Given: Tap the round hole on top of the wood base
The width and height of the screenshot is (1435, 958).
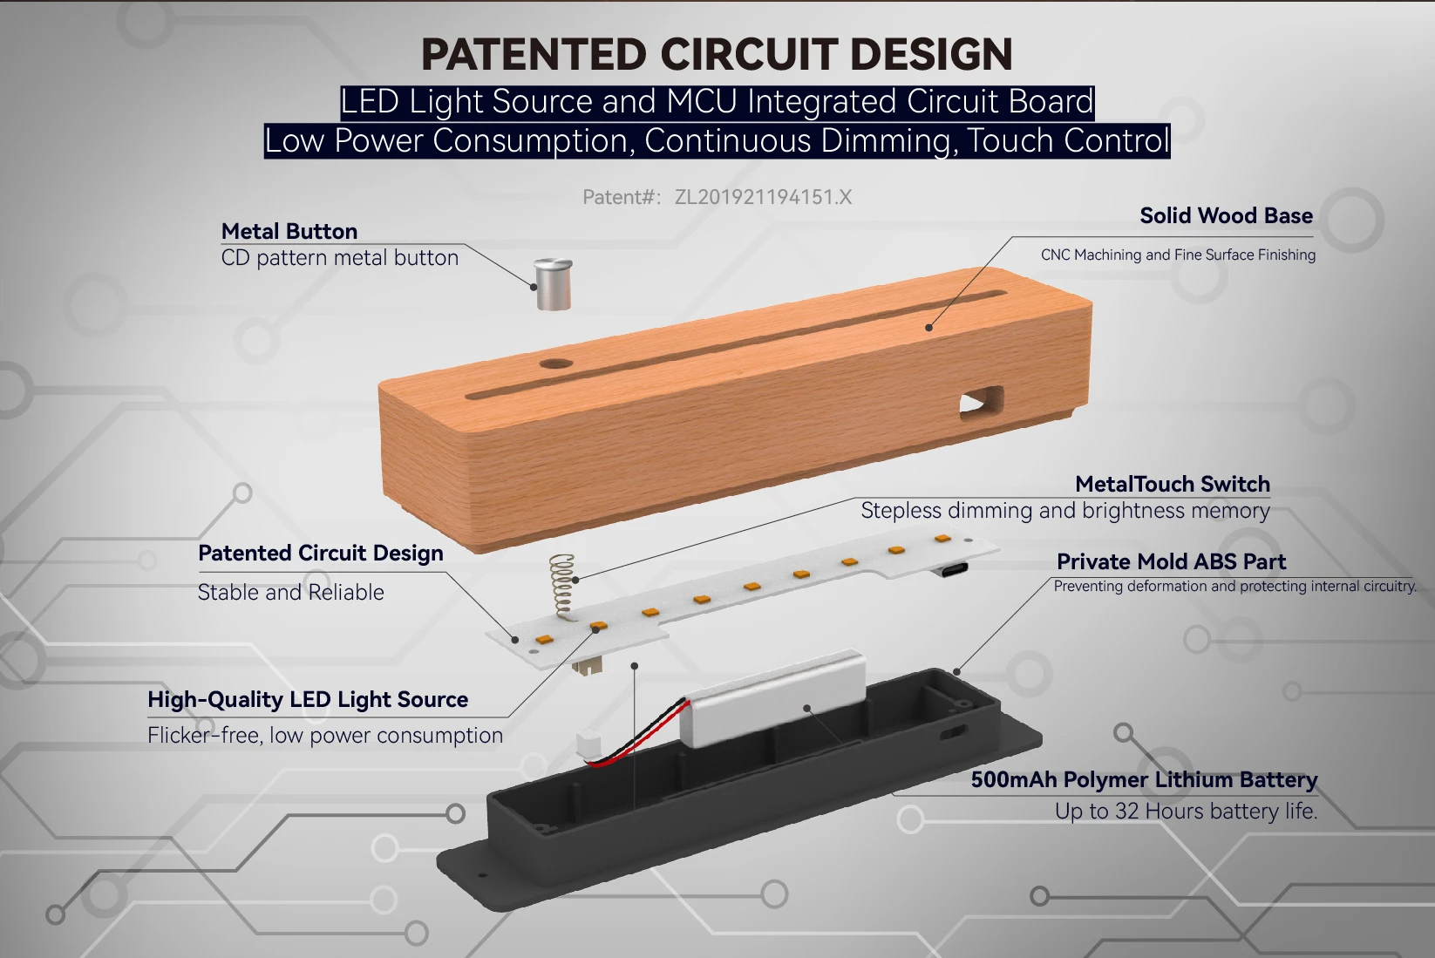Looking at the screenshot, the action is coord(555,363).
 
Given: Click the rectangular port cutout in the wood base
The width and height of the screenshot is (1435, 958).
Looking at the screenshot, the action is coord(981,404).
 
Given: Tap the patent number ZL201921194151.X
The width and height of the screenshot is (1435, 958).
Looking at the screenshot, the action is coord(763,197).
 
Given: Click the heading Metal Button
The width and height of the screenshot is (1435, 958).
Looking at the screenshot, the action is coord(289,231).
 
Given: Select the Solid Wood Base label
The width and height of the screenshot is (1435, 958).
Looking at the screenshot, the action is coord(1226,215).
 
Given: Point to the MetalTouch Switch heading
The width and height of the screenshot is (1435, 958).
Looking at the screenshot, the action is coord(1172,484).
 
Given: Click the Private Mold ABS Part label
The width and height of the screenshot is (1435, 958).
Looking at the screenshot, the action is coord(1171,561).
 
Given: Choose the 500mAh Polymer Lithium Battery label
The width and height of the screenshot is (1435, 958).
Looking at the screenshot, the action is coord(1144,779).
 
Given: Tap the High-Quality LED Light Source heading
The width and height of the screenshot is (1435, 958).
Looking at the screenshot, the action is coord(308,699).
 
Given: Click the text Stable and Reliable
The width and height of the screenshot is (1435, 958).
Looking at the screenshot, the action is coord(290,592).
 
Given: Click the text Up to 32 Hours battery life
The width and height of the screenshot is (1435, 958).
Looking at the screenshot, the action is coord(1186,811).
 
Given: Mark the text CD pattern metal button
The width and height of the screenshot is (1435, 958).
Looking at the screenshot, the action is coord(339,258).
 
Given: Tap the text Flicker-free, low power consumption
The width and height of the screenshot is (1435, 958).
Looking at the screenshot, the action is coord(325,735).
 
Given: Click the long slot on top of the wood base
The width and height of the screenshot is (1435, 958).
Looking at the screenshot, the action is coord(732,343).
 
